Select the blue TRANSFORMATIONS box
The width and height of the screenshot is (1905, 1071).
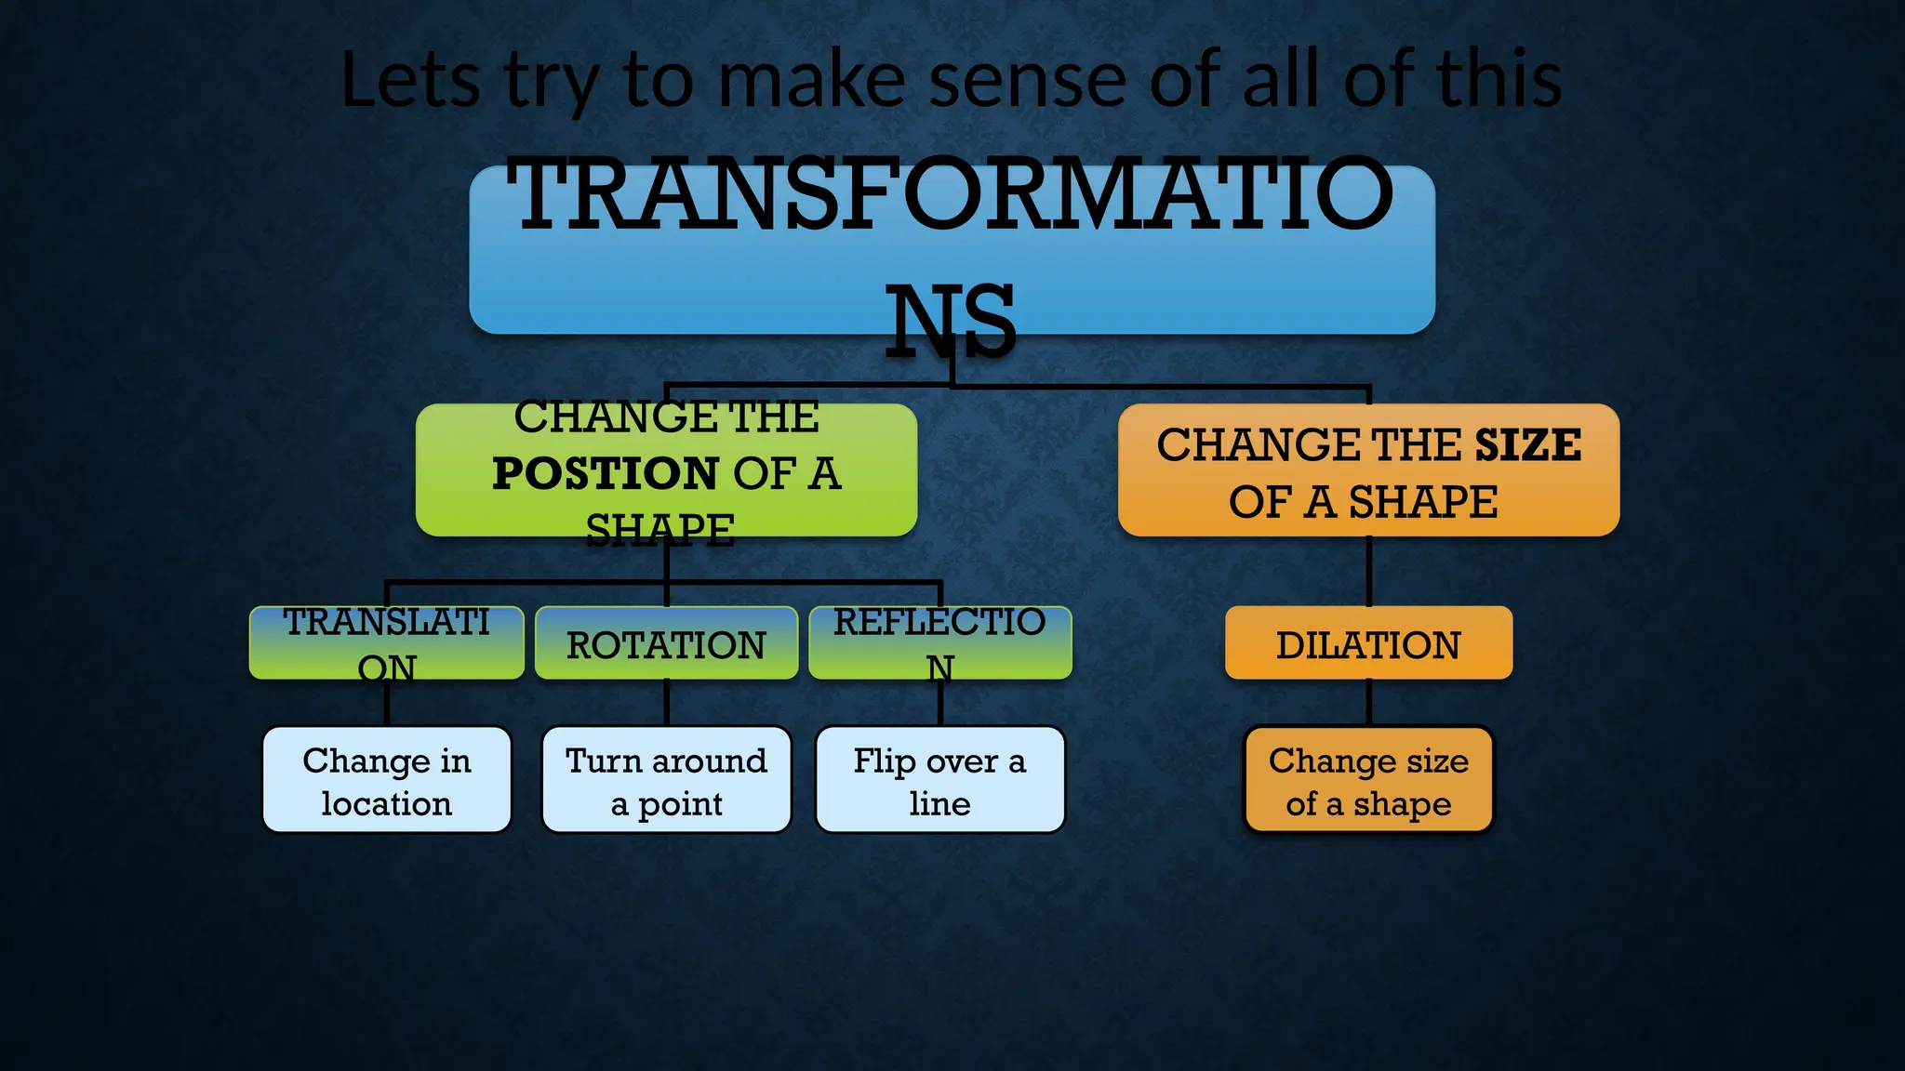(x=952, y=250)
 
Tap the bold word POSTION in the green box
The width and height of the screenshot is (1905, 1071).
(x=605, y=473)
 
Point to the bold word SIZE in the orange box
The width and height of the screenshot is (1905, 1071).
(x=1527, y=444)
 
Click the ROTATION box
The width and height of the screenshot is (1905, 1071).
(x=666, y=643)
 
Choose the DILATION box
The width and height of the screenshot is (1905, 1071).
(x=1368, y=643)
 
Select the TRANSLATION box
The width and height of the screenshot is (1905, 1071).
(x=387, y=643)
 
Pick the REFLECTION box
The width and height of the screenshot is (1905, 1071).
(x=940, y=643)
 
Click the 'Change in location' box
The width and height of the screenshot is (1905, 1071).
(x=387, y=780)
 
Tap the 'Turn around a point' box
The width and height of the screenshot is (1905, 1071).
(x=666, y=780)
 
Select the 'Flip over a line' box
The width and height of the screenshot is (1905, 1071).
(x=940, y=780)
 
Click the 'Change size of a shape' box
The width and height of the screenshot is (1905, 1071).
(x=1368, y=780)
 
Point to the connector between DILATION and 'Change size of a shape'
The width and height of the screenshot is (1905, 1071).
(x=1369, y=702)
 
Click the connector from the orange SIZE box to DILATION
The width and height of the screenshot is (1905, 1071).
(x=1369, y=571)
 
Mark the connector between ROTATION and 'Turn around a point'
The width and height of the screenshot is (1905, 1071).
(x=667, y=702)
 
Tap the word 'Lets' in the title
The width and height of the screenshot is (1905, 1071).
(x=410, y=80)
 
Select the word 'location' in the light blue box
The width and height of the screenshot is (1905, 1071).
(x=387, y=803)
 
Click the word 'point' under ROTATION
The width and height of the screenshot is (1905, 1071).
(x=681, y=804)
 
